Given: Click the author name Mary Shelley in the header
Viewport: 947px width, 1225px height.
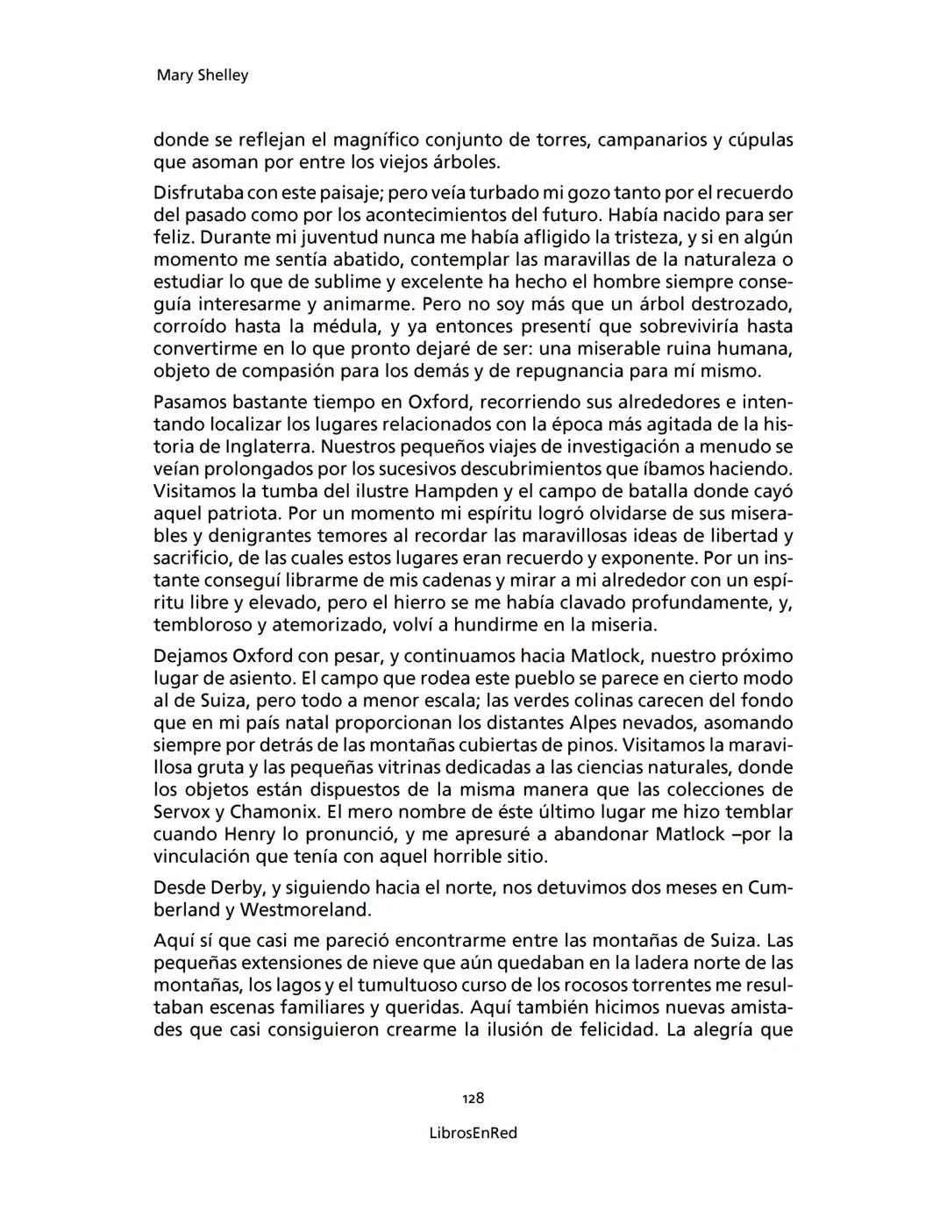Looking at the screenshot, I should point(202,75).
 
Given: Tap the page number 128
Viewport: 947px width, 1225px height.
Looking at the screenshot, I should point(473,1098).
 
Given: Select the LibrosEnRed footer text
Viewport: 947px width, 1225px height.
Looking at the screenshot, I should point(473,1133).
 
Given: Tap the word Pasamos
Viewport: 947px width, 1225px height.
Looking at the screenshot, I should point(189,402).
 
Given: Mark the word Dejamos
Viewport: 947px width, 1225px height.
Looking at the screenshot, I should point(190,656).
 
